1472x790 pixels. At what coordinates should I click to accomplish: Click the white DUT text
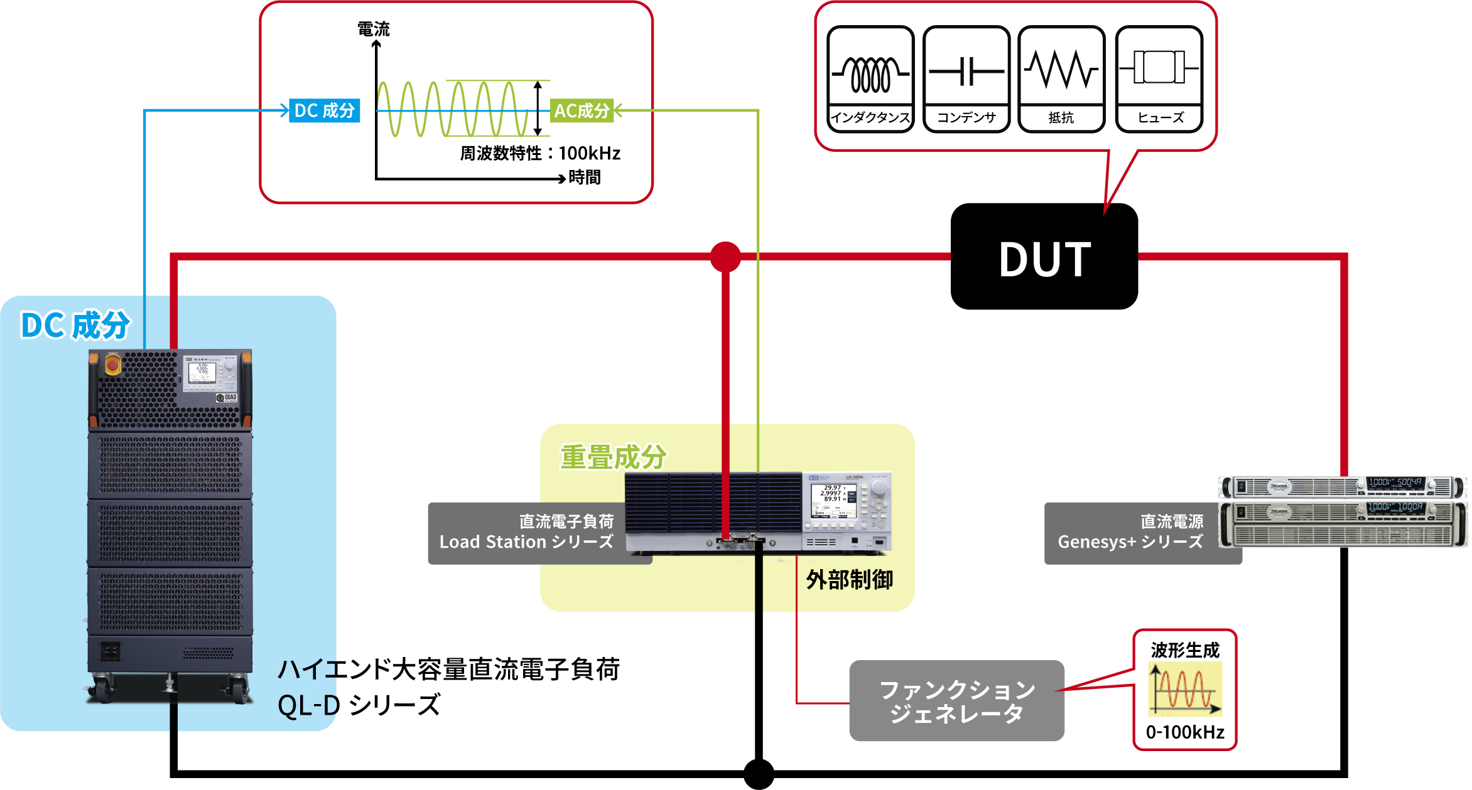click(x=1045, y=259)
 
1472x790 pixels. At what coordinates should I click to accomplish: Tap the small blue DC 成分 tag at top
click(x=324, y=111)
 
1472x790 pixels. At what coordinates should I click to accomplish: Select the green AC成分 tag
click(x=582, y=111)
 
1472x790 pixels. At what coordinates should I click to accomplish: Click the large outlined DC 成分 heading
click(x=76, y=325)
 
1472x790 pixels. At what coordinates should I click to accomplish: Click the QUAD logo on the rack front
click(x=227, y=398)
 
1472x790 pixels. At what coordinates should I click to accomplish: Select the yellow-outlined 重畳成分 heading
click(x=614, y=457)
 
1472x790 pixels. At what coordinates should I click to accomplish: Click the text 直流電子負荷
click(x=566, y=521)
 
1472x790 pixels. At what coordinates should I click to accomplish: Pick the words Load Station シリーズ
click(x=526, y=542)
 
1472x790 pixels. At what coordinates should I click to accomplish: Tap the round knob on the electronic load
click(x=880, y=488)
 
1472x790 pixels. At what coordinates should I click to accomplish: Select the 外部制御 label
click(x=849, y=580)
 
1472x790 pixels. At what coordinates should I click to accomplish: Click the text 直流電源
click(x=1172, y=521)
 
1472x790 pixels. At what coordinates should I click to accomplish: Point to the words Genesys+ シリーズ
click(x=1130, y=542)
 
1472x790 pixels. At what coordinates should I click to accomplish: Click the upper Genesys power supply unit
click(x=1342, y=487)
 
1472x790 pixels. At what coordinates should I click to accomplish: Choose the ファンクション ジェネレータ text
click(x=957, y=702)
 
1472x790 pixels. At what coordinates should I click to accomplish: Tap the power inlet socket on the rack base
click(x=111, y=651)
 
